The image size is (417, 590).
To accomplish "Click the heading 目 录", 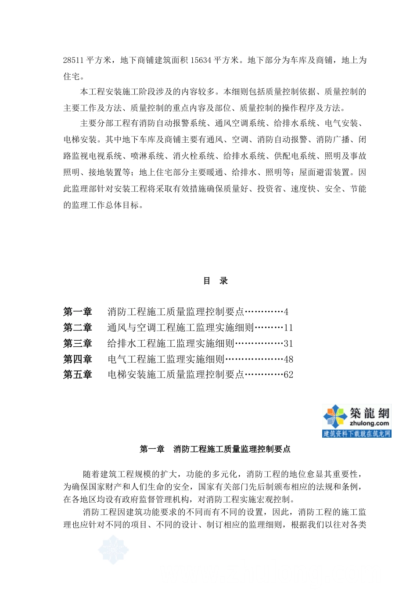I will (x=215, y=281).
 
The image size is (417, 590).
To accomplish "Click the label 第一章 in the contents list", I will (x=78, y=312).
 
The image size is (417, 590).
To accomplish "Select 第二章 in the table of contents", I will (x=78, y=328).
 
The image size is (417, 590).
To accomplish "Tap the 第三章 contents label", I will (x=78, y=344).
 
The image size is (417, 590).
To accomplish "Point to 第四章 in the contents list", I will (x=78, y=360).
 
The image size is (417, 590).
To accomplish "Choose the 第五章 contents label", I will (x=78, y=375).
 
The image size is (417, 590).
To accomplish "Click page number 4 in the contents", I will (x=286, y=312).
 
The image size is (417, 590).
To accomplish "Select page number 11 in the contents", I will (x=288, y=328).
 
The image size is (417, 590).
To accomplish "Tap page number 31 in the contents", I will (x=288, y=344).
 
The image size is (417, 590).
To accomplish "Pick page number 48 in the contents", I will (x=288, y=360).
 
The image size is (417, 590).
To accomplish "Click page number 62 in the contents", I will (x=288, y=375).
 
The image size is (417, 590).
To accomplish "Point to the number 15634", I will (x=201, y=60).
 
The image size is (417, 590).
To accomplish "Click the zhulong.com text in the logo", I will (x=369, y=424).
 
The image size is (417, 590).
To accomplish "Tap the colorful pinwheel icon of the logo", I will (x=335, y=417).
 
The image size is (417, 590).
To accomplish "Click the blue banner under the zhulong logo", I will (x=356, y=434).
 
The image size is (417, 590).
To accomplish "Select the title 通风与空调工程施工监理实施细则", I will (x=181, y=328).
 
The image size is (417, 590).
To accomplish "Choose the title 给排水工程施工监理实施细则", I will (x=171, y=344).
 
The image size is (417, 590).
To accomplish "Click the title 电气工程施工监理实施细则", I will (x=166, y=360).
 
